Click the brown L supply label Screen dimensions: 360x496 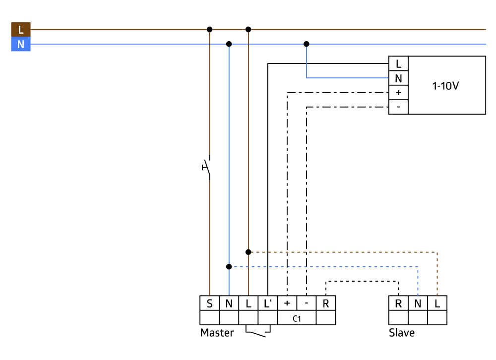point(20,30)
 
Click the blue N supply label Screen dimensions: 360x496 point(20,45)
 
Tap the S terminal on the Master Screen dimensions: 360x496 point(209,303)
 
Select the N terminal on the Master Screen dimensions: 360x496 point(229,303)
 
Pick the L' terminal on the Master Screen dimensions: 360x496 point(268,303)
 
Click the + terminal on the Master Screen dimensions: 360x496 point(287,303)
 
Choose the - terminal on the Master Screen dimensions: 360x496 point(307,303)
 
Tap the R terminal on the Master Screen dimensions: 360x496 point(326,303)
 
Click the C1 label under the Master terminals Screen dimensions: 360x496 point(297,318)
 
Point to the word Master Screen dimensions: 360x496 point(217,333)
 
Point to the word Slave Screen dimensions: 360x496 point(402,333)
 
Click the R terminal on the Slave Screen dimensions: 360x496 point(398,303)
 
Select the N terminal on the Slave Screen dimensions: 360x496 point(418,303)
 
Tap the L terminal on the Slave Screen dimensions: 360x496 point(437,303)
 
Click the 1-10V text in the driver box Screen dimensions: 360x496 point(446,85)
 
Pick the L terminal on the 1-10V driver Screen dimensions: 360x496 point(398,63)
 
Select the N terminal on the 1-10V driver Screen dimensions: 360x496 point(398,78)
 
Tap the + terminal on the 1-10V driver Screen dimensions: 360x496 point(398,92)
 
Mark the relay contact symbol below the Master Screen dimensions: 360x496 point(258,331)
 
